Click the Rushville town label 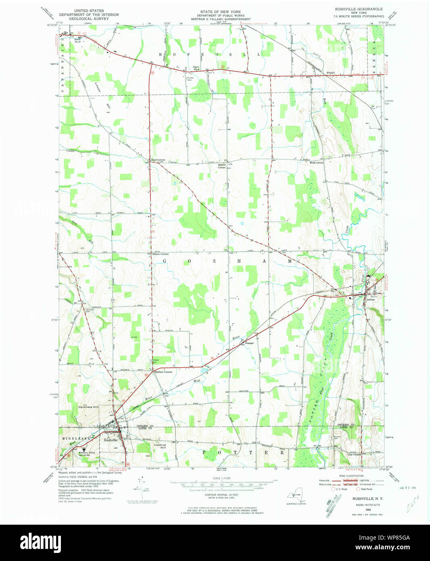click(110, 440)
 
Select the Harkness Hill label click(88, 407)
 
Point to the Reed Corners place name click(158, 160)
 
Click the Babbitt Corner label click(222, 166)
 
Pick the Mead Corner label click(316, 162)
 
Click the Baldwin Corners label click(163, 372)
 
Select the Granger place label click(249, 343)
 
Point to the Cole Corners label click(354, 454)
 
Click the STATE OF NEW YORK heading click(220, 12)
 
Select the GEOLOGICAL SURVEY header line click(89, 19)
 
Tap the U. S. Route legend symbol click(333, 489)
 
